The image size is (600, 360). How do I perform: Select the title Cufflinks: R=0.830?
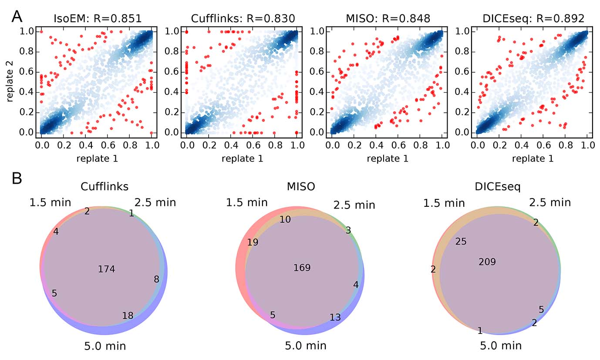click(243, 18)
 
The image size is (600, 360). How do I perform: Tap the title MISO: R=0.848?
click(388, 18)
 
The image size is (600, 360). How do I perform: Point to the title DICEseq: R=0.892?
click(533, 18)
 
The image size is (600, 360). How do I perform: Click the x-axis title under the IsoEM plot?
click(97, 158)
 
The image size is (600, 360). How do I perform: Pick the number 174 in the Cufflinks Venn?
click(106, 269)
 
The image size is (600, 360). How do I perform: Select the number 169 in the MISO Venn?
click(302, 267)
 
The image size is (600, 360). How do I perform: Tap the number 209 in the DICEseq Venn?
click(487, 262)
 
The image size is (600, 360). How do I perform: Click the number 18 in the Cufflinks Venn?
click(128, 316)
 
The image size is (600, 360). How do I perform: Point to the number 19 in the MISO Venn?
click(253, 242)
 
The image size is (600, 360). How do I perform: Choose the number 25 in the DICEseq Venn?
click(461, 241)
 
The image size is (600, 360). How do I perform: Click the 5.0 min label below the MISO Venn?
click(305, 346)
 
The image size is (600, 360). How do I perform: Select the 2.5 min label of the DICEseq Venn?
click(550, 202)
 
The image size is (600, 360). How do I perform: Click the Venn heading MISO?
click(301, 187)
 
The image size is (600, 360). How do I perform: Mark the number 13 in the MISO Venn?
click(335, 317)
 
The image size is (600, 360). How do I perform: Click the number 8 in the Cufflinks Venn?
click(156, 279)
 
